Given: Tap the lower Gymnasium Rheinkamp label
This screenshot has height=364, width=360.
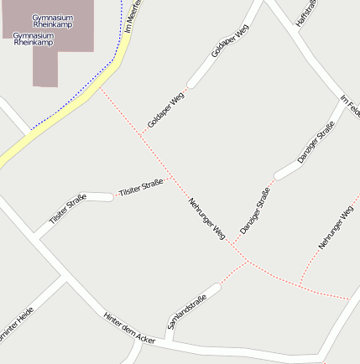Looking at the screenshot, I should pos(34,39).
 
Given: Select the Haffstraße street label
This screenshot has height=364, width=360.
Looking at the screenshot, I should pos(306,12).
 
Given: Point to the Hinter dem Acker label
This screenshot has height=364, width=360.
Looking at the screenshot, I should pos(130,327).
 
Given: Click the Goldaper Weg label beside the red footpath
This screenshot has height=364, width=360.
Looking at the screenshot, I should pos(165,110).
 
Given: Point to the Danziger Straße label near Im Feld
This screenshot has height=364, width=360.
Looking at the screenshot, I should pos(316,142).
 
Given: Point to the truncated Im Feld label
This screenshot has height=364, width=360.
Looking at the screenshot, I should pos(350,107).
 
